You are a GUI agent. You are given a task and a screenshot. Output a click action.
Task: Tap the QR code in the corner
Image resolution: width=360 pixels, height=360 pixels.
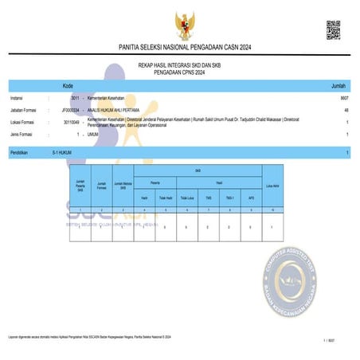[334, 29]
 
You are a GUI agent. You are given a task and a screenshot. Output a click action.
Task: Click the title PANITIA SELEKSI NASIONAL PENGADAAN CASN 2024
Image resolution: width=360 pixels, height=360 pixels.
[179, 48]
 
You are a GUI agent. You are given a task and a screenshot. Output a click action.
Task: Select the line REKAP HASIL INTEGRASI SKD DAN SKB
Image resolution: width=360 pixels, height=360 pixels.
[179, 66]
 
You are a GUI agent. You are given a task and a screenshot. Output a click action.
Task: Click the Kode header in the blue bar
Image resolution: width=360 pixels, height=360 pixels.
[68, 84]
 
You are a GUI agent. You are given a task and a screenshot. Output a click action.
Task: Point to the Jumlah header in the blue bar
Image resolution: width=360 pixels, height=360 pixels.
[338, 84]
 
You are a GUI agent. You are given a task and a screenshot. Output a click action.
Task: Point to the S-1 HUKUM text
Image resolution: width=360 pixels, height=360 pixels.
[62, 151]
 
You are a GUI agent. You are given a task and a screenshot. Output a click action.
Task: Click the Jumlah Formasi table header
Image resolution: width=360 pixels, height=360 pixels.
[102, 187]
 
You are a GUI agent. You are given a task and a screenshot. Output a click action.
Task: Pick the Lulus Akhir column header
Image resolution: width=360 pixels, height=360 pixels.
[271, 187]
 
